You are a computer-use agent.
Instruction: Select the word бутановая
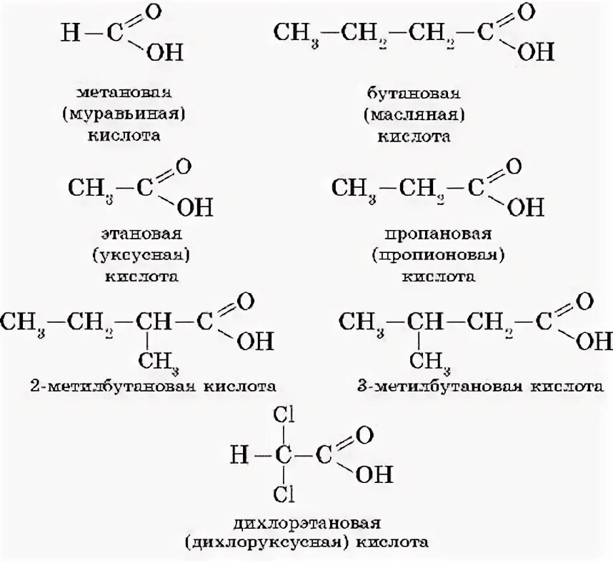pos(414,94)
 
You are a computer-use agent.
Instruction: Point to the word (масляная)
pos(414,114)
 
